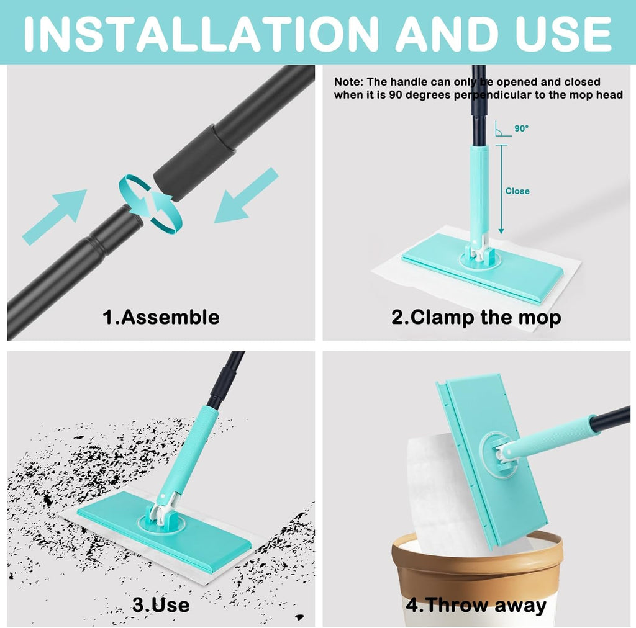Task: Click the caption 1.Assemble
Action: coord(161,317)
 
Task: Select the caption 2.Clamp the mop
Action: coord(476,317)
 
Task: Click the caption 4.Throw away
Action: coord(476,605)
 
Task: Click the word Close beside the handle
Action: coord(517,191)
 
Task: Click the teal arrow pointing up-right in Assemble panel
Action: coord(56,215)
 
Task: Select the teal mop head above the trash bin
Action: coord(491,459)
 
